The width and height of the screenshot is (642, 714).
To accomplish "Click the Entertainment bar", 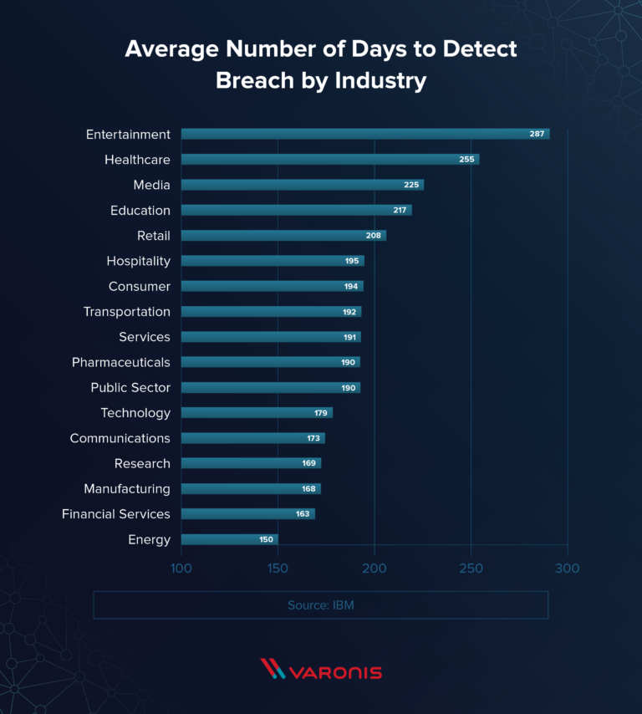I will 364,134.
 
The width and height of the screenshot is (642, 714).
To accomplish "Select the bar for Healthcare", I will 330,159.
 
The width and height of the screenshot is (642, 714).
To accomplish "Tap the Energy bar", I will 229,539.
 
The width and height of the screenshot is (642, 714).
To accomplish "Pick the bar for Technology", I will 257,412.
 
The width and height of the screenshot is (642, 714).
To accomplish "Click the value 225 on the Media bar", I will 411,185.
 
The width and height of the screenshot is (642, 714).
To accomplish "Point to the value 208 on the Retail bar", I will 373,236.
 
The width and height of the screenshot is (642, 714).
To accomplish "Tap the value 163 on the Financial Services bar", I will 303,514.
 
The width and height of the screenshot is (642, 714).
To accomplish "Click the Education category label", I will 140,210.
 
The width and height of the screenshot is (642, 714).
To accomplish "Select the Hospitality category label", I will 138,261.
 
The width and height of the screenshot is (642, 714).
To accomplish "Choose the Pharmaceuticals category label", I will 121,362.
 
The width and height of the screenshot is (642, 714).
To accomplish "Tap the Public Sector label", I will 130,387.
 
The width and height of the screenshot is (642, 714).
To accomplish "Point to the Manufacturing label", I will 127,488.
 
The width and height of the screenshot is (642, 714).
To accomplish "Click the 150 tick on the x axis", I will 278,569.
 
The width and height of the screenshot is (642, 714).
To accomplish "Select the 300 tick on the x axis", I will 568,569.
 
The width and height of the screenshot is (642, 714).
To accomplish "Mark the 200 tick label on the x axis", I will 374,569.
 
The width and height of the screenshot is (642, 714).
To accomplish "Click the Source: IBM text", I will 320,604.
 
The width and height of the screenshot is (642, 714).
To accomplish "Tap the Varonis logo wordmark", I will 334,671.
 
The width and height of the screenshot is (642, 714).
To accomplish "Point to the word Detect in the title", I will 478,48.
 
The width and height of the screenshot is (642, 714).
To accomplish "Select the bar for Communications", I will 252,438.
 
